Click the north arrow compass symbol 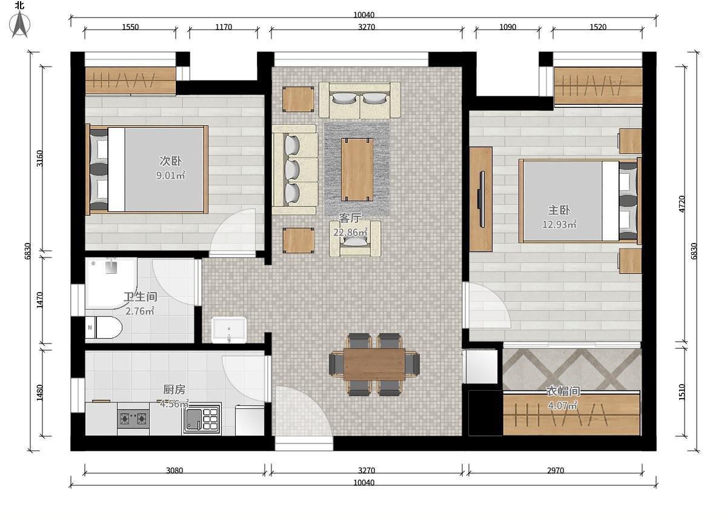pyautogui.click(x=20, y=24)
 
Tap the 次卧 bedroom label pyautogui.click(x=171, y=161)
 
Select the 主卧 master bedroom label pyautogui.click(x=559, y=210)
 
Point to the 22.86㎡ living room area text pyautogui.click(x=351, y=233)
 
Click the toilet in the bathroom pyautogui.click(x=103, y=328)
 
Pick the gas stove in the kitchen pyautogui.click(x=133, y=419)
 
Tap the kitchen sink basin pyautogui.click(x=193, y=419)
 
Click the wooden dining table pyautogui.click(x=374, y=364)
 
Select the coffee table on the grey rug pyautogui.click(x=357, y=170)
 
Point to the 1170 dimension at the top pyautogui.click(x=224, y=27)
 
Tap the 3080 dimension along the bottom pyautogui.click(x=174, y=470)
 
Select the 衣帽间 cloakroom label pyautogui.click(x=563, y=391)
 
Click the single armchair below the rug pyautogui.click(x=355, y=239)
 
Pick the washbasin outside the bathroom pyautogui.click(x=229, y=330)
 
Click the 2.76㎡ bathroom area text pyautogui.click(x=140, y=311)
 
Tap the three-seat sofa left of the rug pyautogui.click(x=294, y=170)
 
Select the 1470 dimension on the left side pyautogui.click(x=39, y=300)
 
